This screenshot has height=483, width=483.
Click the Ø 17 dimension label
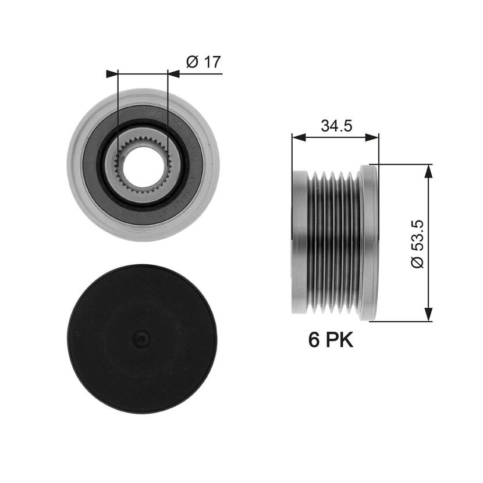click(204, 62)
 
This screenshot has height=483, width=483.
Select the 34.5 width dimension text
click(336, 126)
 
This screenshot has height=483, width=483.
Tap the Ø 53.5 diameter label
click(417, 244)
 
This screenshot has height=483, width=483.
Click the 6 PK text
click(331, 340)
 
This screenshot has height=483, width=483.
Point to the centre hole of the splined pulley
click(143, 166)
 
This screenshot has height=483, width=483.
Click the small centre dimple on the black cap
click(141, 339)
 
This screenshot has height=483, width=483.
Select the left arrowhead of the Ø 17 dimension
click(112, 74)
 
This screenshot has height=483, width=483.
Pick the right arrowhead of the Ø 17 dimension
click(173, 74)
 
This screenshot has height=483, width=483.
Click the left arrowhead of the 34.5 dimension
click(299, 137)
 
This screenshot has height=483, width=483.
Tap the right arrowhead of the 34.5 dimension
click(372, 137)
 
